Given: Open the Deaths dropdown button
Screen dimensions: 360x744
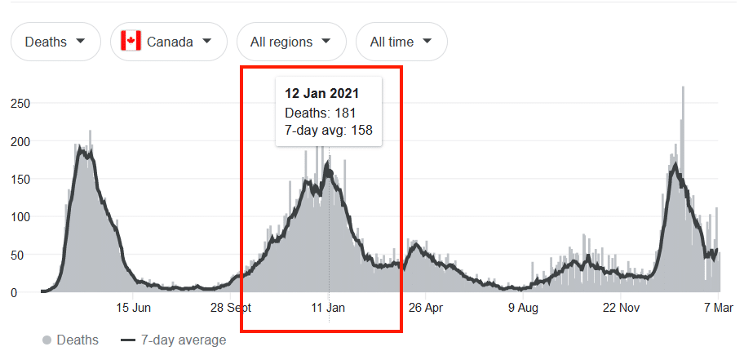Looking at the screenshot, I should [x=55, y=42].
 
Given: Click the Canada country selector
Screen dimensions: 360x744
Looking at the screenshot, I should [x=167, y=42].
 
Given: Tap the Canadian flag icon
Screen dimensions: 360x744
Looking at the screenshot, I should [x=131, y=41].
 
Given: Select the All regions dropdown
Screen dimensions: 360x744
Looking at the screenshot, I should [x=291, y=42].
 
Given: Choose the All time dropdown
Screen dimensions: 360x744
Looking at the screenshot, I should [x=401, y=42].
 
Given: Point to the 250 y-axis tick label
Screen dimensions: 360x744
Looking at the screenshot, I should [x=20, y=104].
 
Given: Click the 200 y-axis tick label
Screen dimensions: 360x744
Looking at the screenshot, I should [x=20, y=141].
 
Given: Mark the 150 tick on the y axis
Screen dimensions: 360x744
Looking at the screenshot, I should [x=20, y=179].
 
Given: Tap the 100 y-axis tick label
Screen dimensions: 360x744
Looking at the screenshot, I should [x=20, y=217].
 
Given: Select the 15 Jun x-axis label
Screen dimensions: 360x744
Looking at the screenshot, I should [x=134, y=309].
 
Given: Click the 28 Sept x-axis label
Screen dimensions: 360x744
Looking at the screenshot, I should [x=231, y=309].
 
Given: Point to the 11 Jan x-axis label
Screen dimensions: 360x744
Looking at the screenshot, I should [x=328, y=309].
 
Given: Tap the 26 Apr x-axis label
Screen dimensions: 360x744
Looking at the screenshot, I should [x=425, y=309].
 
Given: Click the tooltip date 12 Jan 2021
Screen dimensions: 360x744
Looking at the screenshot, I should [x=322, y=93].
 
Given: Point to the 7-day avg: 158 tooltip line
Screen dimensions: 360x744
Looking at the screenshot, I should [x=329, y=129].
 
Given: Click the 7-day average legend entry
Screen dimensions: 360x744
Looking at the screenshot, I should [x=174, y=340].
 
